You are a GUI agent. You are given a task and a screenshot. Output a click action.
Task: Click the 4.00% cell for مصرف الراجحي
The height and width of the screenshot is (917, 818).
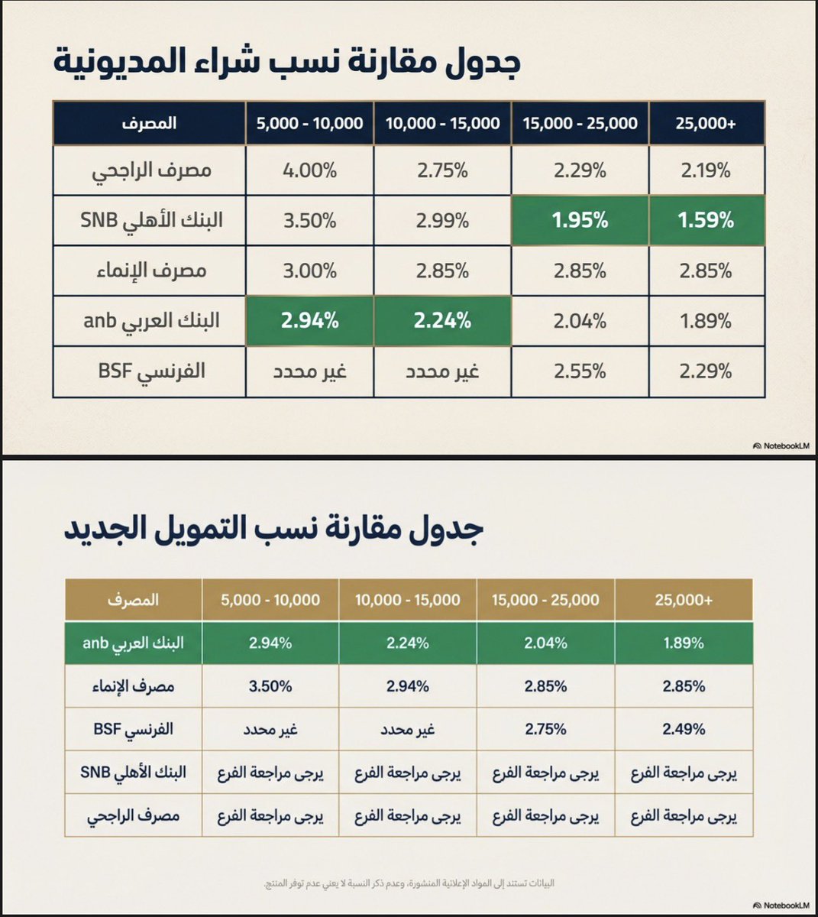point(309,170)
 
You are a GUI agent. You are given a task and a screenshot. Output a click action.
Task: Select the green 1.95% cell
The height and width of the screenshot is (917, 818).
point(580,221)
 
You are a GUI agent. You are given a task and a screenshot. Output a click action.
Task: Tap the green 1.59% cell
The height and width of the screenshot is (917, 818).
point(706,221)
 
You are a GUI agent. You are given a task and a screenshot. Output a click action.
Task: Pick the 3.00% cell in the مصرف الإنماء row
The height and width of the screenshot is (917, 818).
point(309,271)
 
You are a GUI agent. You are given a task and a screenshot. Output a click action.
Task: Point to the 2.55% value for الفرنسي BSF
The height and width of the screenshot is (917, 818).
point(580,371)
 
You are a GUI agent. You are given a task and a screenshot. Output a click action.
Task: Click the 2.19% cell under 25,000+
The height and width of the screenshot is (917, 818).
point(706,170)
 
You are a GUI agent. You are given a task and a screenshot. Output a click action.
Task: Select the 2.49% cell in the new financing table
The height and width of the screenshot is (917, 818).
point(684,729)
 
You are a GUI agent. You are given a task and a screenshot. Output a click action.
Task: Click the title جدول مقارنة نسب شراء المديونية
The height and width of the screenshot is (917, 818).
point(287,61)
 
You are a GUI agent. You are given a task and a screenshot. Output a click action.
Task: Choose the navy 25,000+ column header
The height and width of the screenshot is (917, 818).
point(706,123)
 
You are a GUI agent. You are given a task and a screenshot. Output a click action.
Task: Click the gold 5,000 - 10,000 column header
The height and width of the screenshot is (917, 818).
point(270,600)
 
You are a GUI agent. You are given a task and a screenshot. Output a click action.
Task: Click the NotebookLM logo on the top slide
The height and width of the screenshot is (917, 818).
point(780,446)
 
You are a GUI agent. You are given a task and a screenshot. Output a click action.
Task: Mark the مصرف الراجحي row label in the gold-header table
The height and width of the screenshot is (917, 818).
point(134,815)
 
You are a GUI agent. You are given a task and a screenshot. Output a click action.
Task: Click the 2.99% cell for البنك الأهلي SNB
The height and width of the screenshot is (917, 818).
point(442,221)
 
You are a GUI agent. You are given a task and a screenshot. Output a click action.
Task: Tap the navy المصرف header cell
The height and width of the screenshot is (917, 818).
point(149,123)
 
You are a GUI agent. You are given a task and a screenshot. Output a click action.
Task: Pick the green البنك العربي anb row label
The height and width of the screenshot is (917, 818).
point(134,643)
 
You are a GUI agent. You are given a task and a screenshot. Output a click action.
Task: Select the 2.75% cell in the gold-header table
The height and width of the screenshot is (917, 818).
point(545,729)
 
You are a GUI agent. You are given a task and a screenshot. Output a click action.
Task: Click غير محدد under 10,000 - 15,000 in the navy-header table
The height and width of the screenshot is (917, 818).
point(442,371)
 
